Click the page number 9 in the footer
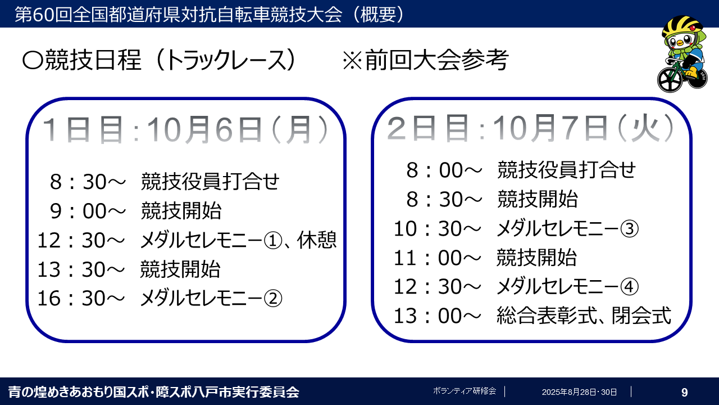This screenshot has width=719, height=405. coord(684,392)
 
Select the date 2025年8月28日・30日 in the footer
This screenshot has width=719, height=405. coord(579,392)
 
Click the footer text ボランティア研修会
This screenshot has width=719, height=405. coord(465,391)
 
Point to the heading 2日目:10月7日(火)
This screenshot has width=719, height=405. coord(531,129)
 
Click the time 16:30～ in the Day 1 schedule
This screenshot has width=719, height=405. coord(80,299)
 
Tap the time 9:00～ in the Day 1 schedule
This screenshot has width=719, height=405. coord(87,211)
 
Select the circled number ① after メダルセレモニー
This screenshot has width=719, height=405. coord(272,241)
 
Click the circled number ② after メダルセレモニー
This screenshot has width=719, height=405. coord(272,299)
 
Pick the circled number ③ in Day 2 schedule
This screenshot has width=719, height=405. coord(630,228)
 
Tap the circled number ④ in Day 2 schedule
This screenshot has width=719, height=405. coord(630,287)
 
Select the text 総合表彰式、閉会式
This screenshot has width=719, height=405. coord(584,316)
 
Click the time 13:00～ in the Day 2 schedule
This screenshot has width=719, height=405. coord(437,316)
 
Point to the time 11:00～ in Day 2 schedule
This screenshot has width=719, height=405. coord(437,258)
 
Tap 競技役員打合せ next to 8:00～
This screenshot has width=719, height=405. coord(566,169)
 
